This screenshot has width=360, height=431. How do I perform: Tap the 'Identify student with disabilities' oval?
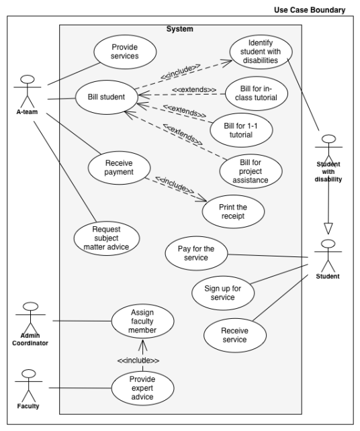click(261, 51)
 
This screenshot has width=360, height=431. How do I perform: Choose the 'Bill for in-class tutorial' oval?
click(256, 96)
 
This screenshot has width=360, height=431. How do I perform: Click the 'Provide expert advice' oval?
click(142, 387)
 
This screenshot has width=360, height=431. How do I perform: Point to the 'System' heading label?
click(179, 29)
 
